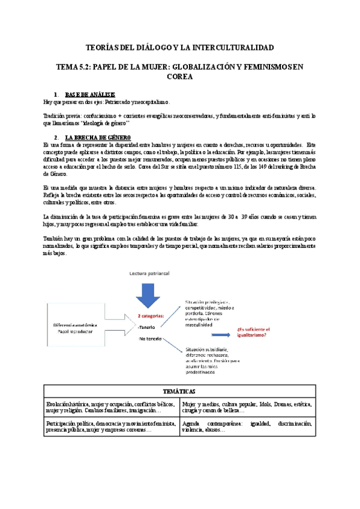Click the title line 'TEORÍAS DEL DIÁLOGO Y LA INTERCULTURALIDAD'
click(x=180, y=47)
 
